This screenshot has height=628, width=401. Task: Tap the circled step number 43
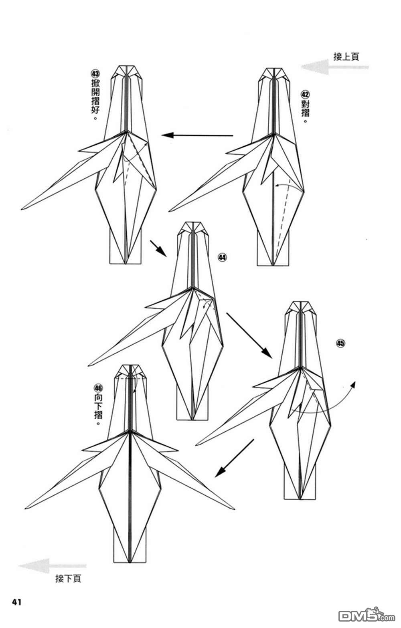pos(95,74)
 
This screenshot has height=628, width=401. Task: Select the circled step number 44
pos(222,257)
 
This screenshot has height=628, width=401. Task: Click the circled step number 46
pos(98,388)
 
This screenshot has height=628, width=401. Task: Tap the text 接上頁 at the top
pos(346,57)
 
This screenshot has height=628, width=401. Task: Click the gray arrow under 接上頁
pos(335,67)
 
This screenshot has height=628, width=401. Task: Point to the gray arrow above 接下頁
pos(53,565)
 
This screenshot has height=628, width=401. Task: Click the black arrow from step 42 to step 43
pos(197,135)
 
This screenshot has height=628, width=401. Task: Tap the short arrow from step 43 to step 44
pos(158,248)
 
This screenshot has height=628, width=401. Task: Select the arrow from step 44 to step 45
pos(249,335)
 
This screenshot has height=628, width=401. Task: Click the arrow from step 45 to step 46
pos(234,458)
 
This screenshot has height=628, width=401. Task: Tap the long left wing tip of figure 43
pos(22,209)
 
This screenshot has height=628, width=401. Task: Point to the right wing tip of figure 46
pos(234,508)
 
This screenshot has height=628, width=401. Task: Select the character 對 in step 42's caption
pos(305,104)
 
